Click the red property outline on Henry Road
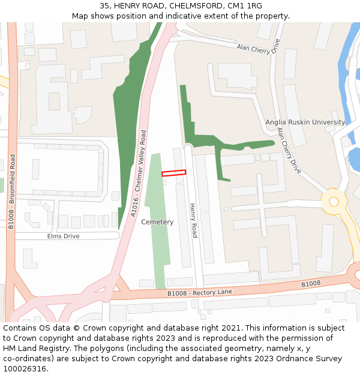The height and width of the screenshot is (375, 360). click(173, 173)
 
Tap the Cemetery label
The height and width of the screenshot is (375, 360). click(157, 222)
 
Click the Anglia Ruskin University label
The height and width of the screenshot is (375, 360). click(305, 122)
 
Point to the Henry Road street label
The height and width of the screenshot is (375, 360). click(193, 221)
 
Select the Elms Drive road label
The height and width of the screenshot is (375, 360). click(64, 236)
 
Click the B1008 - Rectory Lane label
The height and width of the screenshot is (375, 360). click(199, 292)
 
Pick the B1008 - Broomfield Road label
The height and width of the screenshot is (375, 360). click(11, 191)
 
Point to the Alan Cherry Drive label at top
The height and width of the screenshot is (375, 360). click(258, 47)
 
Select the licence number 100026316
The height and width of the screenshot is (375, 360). click(26, 369)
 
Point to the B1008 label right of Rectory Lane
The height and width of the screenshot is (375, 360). click(311, 284)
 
